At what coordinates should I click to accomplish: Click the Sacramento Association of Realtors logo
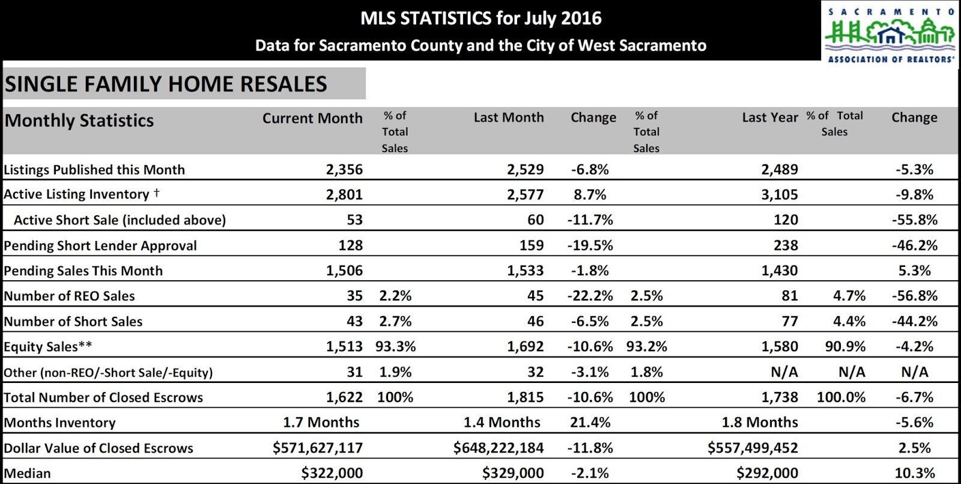click(890, 33)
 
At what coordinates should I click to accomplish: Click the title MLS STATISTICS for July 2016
click(480, 18)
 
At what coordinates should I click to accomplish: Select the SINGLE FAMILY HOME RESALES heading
click(166, 84)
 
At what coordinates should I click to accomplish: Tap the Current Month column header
click(312, 118)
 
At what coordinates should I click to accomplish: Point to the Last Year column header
click(769, 117)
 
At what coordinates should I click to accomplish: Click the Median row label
click(28, 473)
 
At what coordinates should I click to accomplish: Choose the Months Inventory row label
click(60, 423)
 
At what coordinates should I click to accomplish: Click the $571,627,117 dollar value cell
click(318, 448)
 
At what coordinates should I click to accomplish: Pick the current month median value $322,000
click(332, 473)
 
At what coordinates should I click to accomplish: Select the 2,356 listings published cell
click(344, 170)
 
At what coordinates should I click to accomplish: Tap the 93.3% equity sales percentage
click(395, 346)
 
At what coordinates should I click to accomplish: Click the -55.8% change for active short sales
click(914, 220)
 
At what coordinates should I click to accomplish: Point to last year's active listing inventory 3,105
click(780, 195)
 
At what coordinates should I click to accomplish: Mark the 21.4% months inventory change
click(590, 423)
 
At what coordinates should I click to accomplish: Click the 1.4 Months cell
click(502, 423)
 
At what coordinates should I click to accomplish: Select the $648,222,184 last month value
click(499, 448)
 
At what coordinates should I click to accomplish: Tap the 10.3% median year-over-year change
click(915, 473)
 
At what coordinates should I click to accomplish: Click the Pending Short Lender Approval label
click(100, 245)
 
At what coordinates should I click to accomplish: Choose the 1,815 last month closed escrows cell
click(525, 397)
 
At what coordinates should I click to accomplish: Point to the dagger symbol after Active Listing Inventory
click(157, 193)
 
